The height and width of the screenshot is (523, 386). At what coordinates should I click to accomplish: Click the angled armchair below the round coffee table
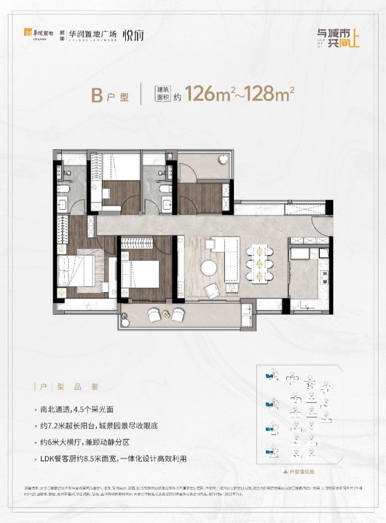click(x=211, y=290)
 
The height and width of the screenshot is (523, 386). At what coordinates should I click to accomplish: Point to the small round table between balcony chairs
click(x=165, y=314)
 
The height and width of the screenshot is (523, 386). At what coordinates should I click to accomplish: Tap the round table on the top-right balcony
click(x=223, y=160)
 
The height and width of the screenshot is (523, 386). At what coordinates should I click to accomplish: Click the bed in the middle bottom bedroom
click(x=140, y=273)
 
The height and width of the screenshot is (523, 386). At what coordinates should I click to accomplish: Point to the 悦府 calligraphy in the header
click(x=133, y=35)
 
